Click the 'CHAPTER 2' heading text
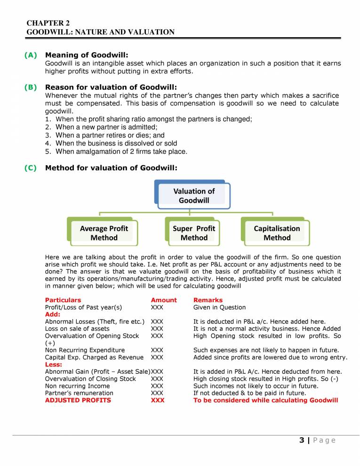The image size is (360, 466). (48, 23)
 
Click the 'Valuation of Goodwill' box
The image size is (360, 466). (194, 195)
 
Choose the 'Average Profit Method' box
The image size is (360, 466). (104, 233)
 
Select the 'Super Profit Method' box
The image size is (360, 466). (194, 233)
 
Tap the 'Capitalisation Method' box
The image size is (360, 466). (277, 233)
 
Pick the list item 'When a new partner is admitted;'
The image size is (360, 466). (106, 127)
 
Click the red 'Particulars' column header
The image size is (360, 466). (63, 300)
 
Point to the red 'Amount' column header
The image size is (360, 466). (164, 300)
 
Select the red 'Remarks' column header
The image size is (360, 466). (208, 300)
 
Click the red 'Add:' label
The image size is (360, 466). (52, 314)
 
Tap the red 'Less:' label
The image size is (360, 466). (53, 364)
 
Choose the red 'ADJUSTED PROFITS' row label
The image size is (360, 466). (78, 400)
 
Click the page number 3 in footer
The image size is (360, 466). (301, 440)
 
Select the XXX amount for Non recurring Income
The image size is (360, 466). (157, 386)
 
